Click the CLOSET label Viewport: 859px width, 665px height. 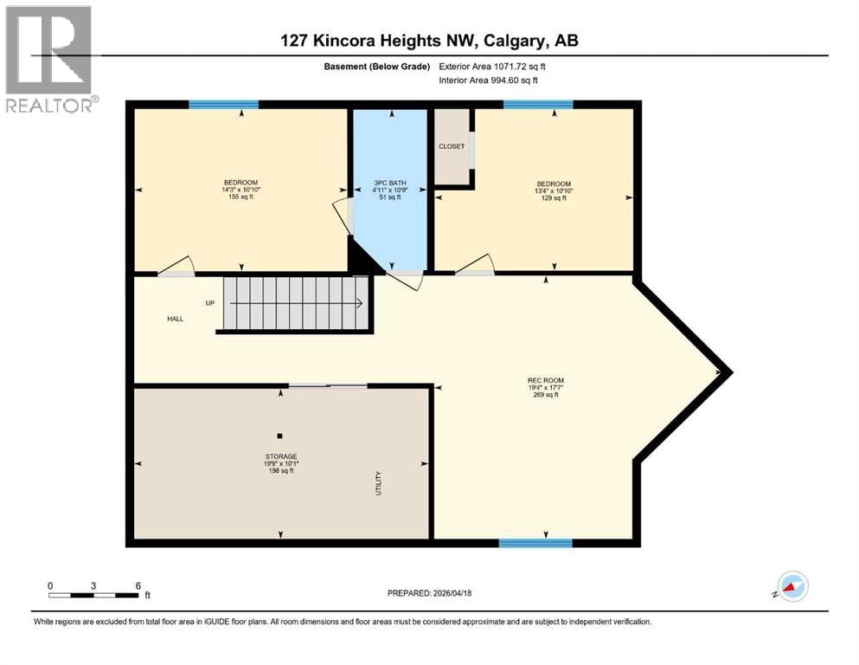click(451, 146)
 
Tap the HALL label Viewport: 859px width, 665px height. click(176, 319)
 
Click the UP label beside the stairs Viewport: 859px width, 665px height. click(209, 303)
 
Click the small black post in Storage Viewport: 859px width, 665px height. click(279, 436)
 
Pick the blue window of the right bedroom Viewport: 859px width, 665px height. click(537, 105)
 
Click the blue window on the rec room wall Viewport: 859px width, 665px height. click(535, 543)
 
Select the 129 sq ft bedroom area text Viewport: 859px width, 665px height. click(554, 197)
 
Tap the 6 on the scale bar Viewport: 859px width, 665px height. click(138, 585)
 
